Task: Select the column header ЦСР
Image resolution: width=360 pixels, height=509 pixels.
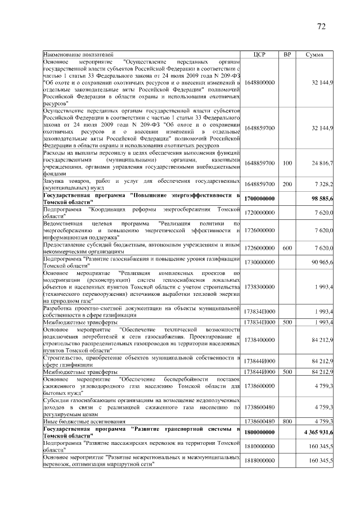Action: point(260,54)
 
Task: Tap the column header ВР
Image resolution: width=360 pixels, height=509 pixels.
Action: point(287,54)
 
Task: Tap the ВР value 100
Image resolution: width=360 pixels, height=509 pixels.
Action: point(287,163)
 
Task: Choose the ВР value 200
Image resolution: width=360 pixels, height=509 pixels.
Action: point(287,184)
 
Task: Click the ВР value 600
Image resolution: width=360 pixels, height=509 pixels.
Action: point(287,248)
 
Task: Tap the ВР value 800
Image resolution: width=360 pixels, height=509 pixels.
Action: point(287,420)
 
